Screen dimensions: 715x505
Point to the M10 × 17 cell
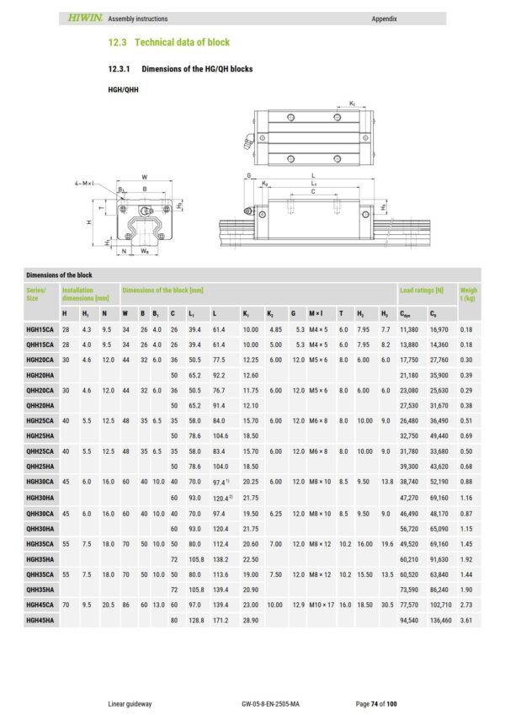click(322, 604)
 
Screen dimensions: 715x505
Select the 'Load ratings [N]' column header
click(418, 289)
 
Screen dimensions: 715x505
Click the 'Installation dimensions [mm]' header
click(86, 293)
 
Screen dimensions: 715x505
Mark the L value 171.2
click(221, 619)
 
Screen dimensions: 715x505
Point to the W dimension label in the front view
click(144, 176)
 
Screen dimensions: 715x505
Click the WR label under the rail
click(146, 251)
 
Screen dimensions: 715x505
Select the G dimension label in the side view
click(249, 176)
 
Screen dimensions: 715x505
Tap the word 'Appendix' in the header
click(383, 19)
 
